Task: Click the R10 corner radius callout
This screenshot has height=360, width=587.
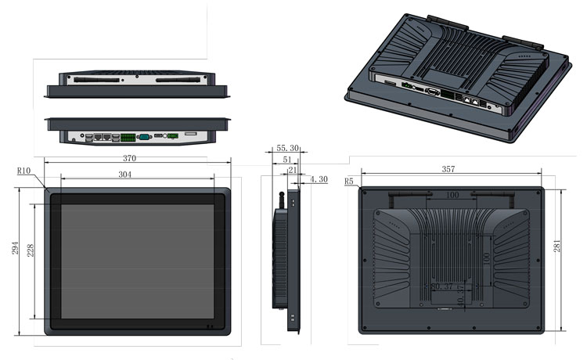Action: (23, 171)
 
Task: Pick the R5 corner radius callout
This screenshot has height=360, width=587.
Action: (350, 182)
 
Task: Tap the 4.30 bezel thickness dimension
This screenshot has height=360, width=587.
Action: (319, 179)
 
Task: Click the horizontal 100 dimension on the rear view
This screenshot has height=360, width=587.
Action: (452, 194)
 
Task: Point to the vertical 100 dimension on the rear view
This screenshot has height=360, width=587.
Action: (484, 257)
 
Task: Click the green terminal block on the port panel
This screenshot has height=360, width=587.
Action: (128, 138)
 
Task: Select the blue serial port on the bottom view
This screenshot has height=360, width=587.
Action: (143, 137)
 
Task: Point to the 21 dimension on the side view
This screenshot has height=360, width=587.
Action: (293, 170)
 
